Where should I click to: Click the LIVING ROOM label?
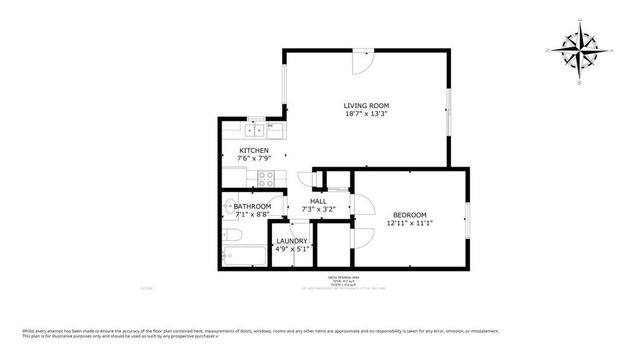tap(366, 105)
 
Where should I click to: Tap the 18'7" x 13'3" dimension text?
tap(366, 115)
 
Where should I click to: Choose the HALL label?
tap(318, 201)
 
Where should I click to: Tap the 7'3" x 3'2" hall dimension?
tap(318, 210)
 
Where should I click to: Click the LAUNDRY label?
tap(292, 240)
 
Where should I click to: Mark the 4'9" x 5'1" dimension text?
tap(292, 249)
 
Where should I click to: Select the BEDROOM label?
tap(409, 215)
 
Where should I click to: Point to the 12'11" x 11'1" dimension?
tap(409, 224)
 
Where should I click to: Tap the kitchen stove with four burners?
tap(267, 180)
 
